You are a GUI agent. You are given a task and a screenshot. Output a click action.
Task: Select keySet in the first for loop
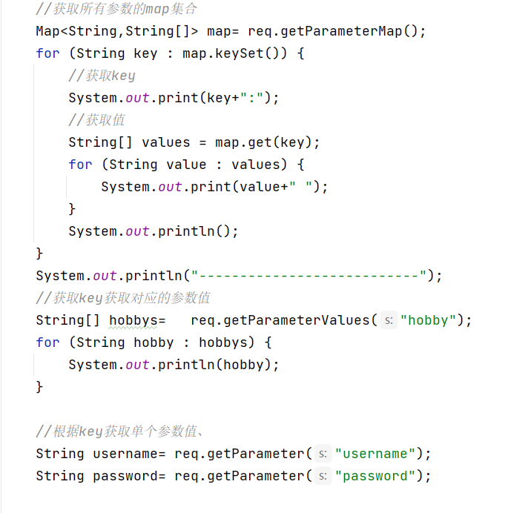pos(248,53)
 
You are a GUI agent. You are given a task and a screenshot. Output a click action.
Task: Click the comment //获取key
pos(102,76)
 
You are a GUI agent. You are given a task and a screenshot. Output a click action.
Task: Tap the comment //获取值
pos(96,120)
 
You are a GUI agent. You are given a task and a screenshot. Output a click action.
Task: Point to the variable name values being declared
pos(166,142)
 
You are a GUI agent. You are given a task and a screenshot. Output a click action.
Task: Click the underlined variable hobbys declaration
pos(133,320)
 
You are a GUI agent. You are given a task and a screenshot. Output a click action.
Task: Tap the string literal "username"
pos(375,454)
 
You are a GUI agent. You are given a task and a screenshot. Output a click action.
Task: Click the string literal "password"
pos(375,476)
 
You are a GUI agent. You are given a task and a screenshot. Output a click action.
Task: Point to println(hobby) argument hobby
pos(251,365)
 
